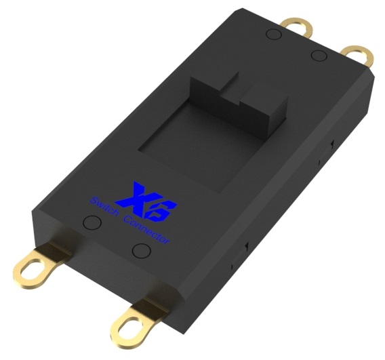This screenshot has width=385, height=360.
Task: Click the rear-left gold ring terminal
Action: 297,26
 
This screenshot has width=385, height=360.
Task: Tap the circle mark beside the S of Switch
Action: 92,222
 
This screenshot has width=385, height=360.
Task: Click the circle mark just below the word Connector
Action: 141,251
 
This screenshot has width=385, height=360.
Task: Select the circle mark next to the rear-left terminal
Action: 274,34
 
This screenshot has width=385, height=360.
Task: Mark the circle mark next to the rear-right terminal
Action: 319,56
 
